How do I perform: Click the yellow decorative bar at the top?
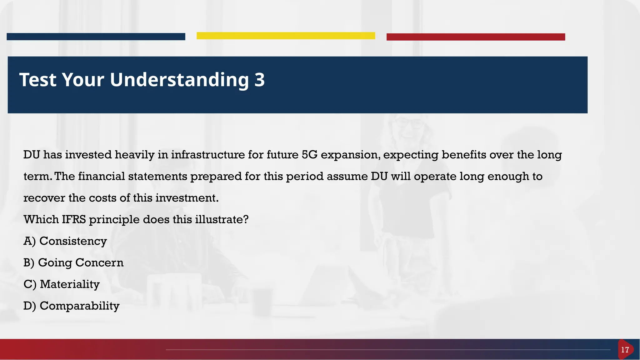tap(286, 36)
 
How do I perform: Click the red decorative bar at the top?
tap(476, 37)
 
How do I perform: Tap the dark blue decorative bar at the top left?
tap(96, 37)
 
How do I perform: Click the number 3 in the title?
tap(259, 80)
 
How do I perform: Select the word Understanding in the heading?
tap(179, 80)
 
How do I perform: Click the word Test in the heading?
tap(38, 80)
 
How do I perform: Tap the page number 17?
tap(625, 350)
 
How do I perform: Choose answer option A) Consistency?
tap(65, 241)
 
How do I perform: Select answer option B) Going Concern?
tap(73, 263)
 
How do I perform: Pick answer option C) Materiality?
tap(62, 284)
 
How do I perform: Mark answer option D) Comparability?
tap(71, 306)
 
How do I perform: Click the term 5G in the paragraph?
tap(309, 155)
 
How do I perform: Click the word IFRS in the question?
tap(73, 220)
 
